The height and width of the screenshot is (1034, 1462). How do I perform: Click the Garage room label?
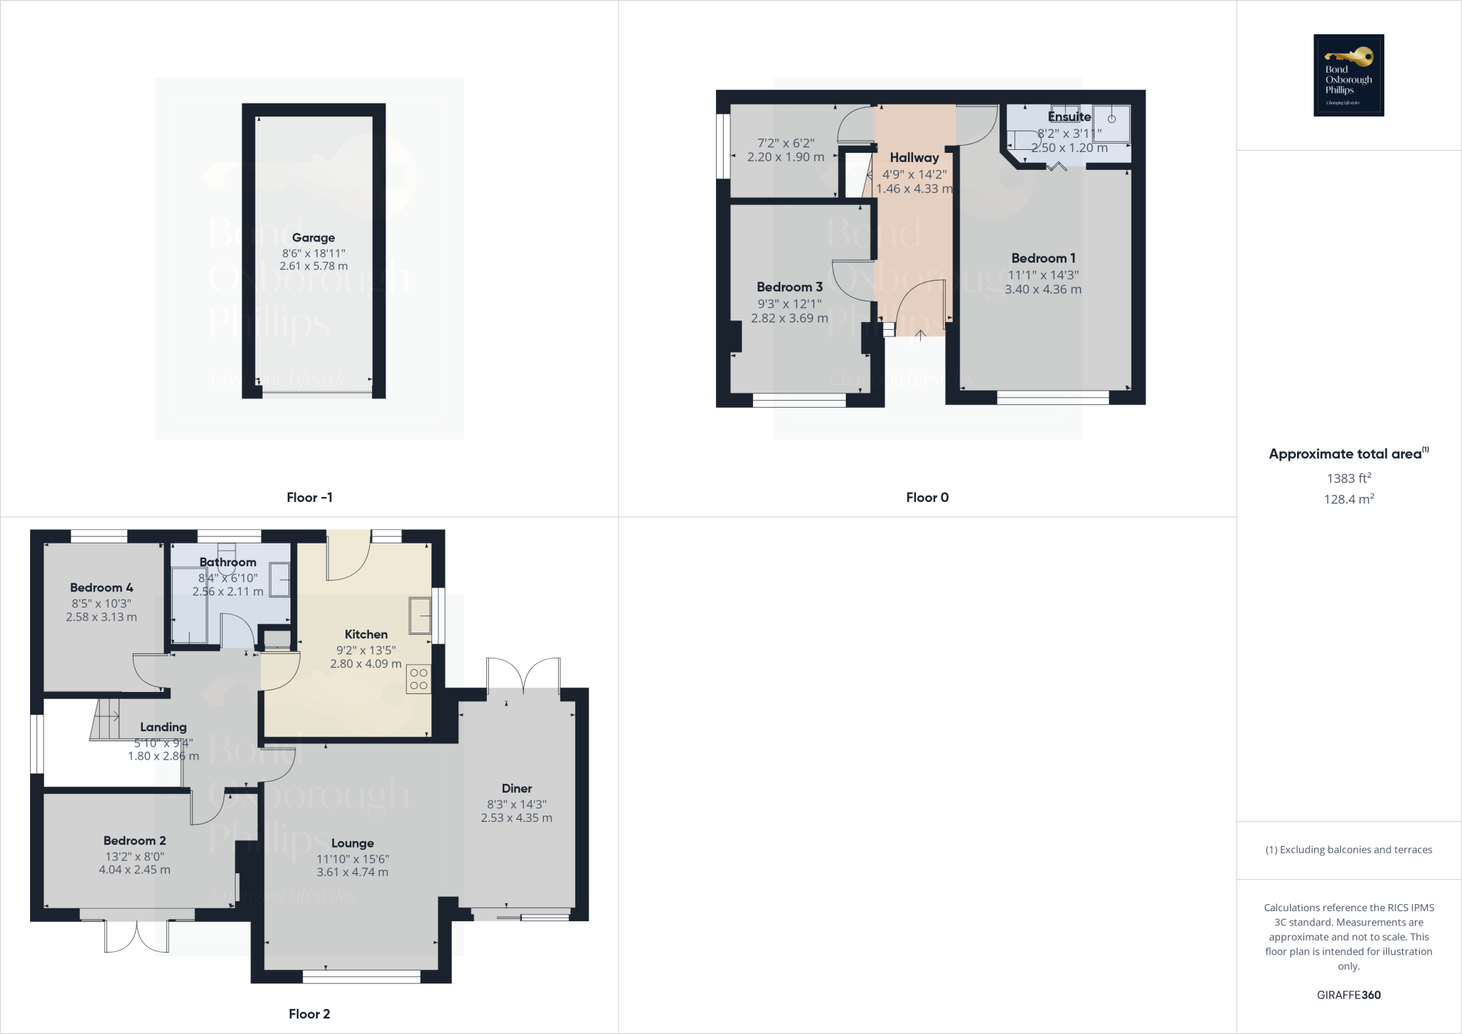click(313, 238)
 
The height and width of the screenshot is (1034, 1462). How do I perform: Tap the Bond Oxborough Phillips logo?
click(1348, 75)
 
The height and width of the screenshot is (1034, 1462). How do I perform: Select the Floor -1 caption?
click(309, 498)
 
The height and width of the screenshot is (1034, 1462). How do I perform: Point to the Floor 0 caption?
click(927, 498)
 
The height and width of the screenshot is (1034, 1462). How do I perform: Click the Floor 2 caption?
click(309, 1014)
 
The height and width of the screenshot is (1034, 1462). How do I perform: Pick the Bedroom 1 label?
click(1043, 258)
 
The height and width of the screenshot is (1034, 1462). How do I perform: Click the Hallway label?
click(914, 158)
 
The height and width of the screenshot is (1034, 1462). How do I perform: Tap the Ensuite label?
click(1069, 116)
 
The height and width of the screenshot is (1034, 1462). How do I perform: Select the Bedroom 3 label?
click(790, 287)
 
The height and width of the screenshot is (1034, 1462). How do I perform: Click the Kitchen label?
click(366, 634)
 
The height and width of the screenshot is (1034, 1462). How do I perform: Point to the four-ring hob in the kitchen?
click(419, 679)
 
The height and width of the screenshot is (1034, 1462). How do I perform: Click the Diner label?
click(517, 788)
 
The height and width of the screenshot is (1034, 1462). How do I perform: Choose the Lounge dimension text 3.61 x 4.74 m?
click(353, 872)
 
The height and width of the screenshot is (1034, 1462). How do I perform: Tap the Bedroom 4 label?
click(101, 588)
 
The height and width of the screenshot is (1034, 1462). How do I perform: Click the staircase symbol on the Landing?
click(106, 718)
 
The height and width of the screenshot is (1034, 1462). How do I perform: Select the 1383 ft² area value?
click(1348, 478)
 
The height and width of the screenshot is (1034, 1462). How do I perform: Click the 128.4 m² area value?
click(1348, 499)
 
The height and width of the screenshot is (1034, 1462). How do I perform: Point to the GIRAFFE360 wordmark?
click(1348, 995)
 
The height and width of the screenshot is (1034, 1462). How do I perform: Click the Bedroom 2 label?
click(135, 840)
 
